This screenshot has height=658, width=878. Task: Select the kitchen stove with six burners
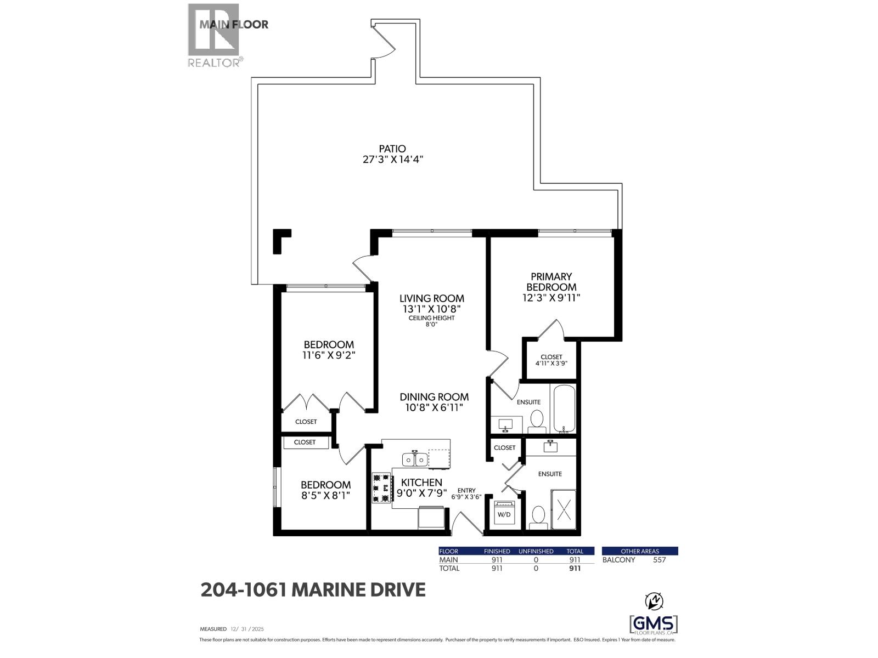[x=381, y=487]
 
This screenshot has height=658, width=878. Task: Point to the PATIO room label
[x=392, y=149]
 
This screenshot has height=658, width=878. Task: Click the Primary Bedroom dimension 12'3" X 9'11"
[x=551, y=298]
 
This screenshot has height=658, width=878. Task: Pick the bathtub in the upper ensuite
[x=565, y=409]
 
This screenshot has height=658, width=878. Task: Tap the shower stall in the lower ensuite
[x=564, y=509]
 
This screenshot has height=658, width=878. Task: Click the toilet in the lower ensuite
[x=538, y=518]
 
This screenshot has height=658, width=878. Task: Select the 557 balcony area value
[x=659, y=560]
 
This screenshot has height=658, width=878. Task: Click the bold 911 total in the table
[x=575, y=568]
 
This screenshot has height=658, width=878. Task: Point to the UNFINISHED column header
[x=536, y=551]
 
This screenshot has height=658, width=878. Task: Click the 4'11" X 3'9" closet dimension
[x=551, y=364]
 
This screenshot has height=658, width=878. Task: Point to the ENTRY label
[x=466, y=490]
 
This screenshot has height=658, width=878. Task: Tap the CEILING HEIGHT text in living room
[x=432, y=318]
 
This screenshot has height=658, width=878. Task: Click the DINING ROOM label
[x=434, y=396]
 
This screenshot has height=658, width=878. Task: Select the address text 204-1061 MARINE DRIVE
[x=313, y=589]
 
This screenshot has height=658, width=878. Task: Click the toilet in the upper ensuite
[x=537, y=422]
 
